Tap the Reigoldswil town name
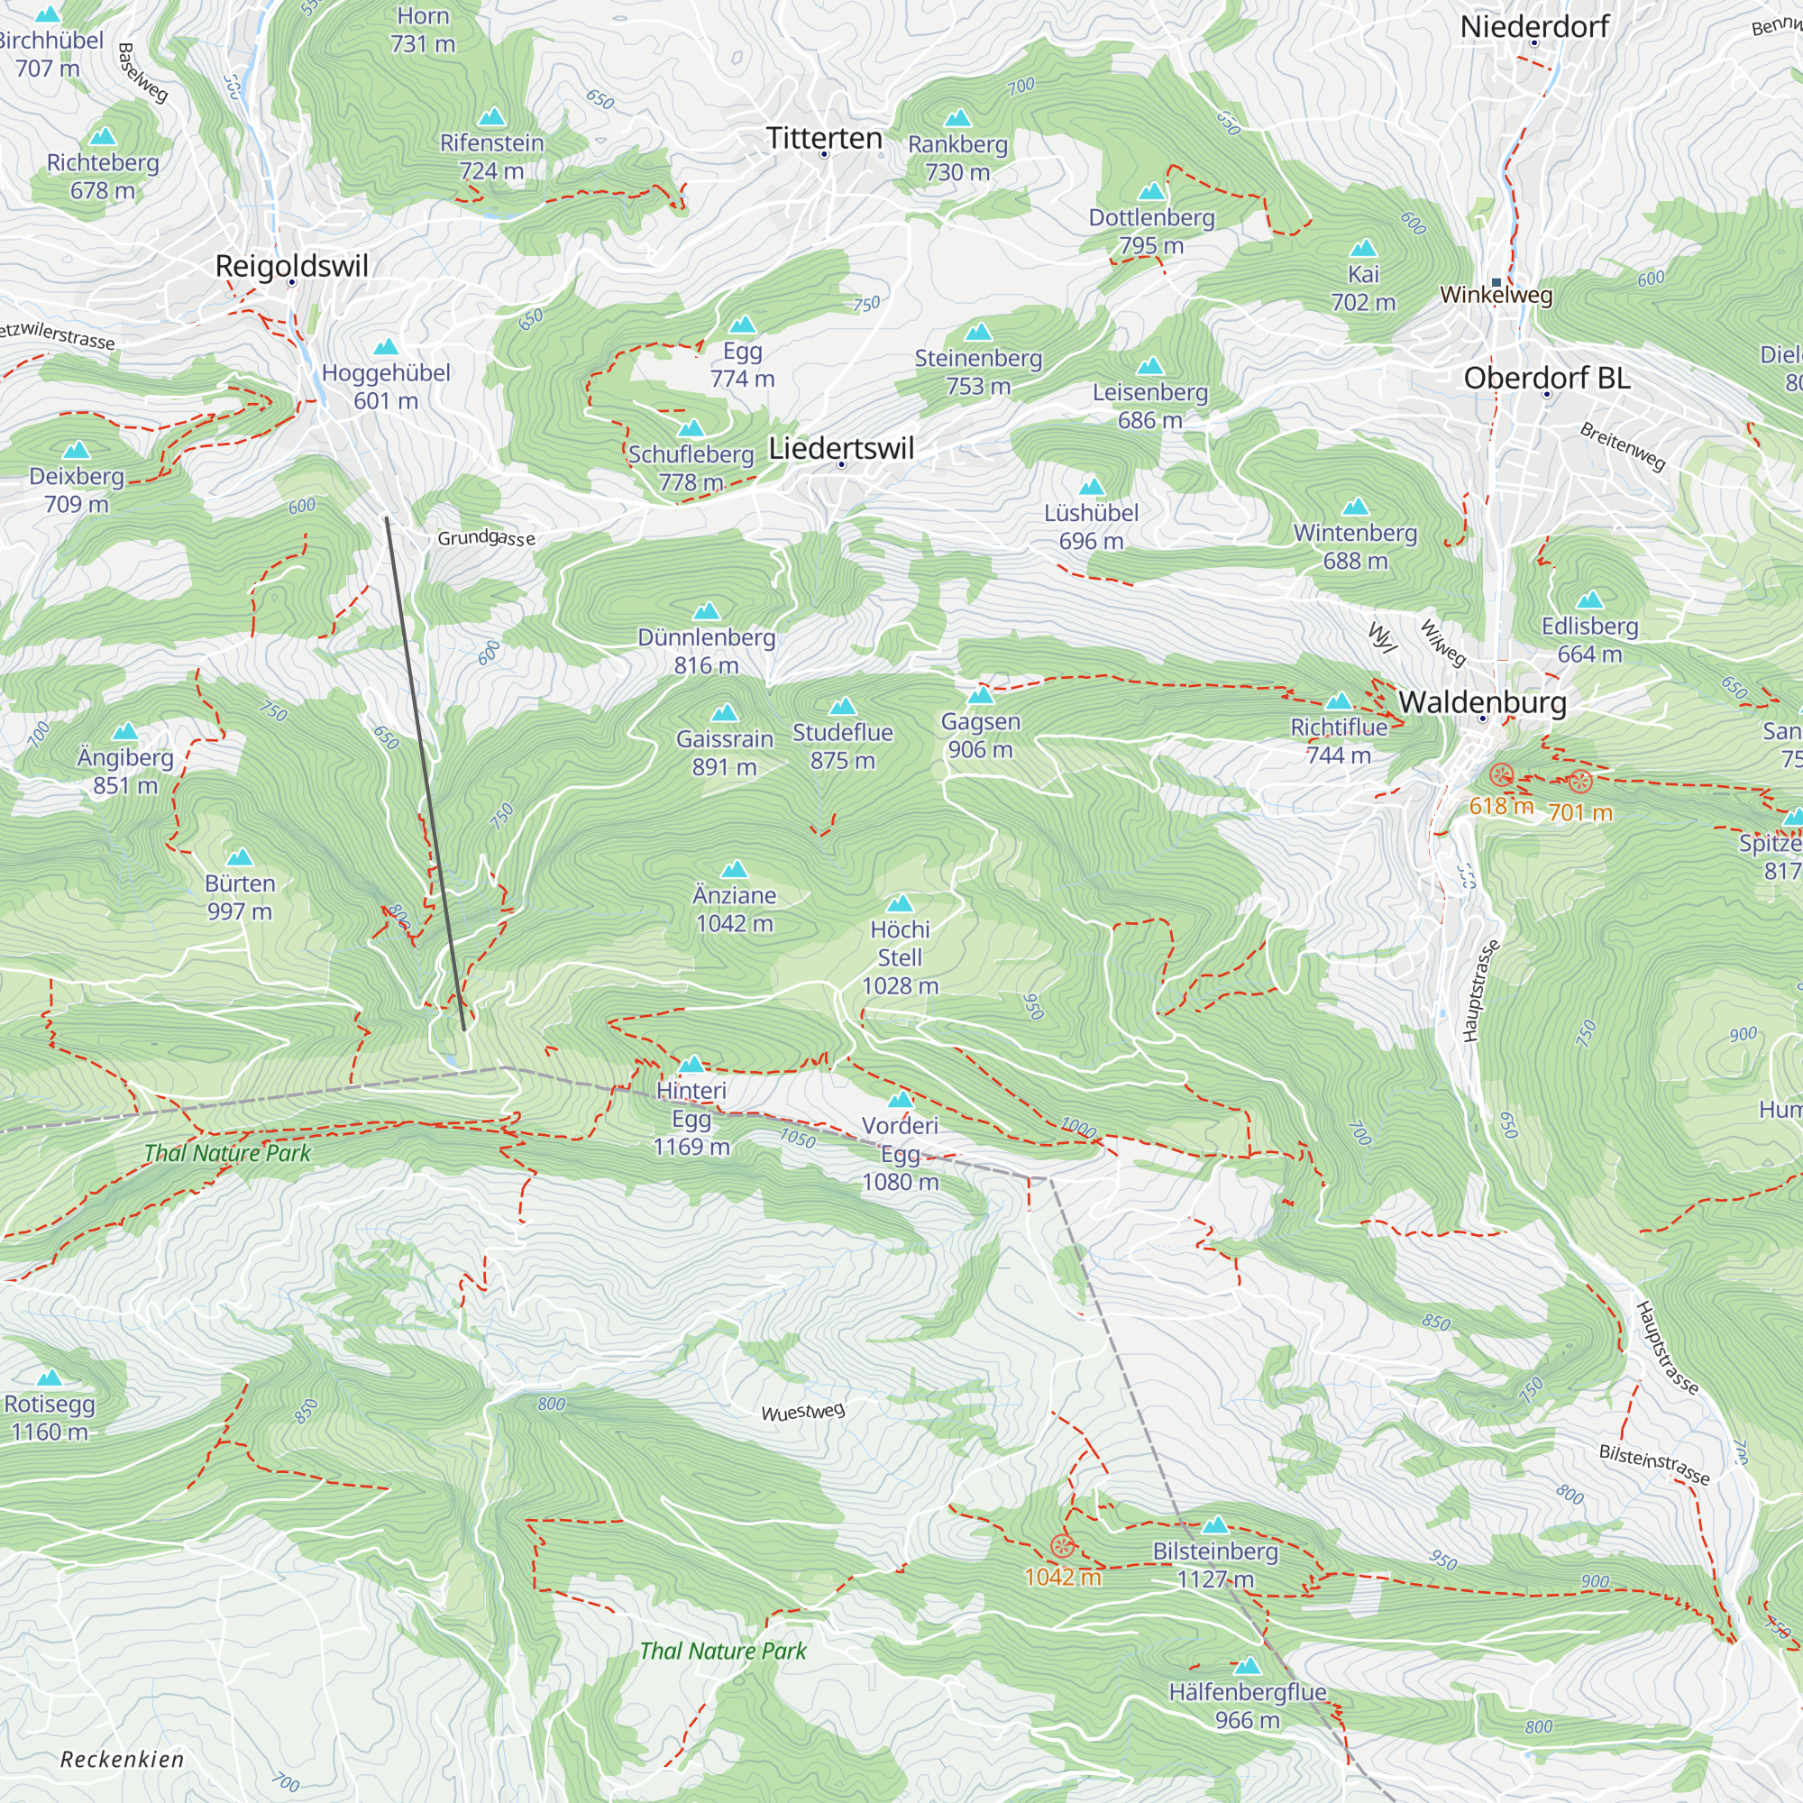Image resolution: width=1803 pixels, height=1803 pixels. click(x=291, y=266)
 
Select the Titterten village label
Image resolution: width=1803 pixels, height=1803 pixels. click(x=824, y=138)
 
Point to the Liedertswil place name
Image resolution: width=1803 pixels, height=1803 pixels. click(x=841, y=448)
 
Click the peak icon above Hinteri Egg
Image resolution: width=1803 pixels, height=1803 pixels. click(x=691, y=1064)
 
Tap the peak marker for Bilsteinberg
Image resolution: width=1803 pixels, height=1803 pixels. click(x=1214, y=1525)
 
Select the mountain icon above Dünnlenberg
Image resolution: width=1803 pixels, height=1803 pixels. click(x=707, y=611)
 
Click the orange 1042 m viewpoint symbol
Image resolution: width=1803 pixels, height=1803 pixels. click(x=1062, y=1546)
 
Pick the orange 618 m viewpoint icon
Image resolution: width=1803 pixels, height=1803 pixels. click(x=1501, y=773)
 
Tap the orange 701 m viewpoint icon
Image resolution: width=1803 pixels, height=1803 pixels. click(x=1579, y=781)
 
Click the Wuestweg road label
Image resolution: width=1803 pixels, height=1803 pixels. click(x=802, y=1412)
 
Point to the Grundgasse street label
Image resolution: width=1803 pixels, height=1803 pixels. click(x=486, y=537)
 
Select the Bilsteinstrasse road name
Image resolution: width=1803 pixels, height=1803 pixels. click(x=1653, y=1464)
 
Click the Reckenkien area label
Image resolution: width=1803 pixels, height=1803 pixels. click(x=123, y=1759)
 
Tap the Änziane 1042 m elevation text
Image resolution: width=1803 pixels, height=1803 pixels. click(x=735, y=923)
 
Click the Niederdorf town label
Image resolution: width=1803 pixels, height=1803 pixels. click(x=1533, y=27)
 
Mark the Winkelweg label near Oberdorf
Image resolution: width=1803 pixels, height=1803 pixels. click(x=1496, y=295)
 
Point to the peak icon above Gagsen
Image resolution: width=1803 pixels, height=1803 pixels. click(x=980, y=695)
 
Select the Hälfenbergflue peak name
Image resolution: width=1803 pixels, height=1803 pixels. click(x=1247, y=1692)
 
